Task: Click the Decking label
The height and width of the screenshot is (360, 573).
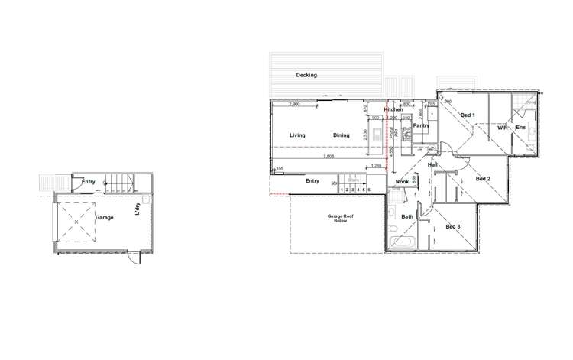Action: (306, 75)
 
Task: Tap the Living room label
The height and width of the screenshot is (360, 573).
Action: (297, 135)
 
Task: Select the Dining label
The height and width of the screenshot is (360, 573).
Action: (341, 135)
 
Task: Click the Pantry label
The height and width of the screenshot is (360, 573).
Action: (421, 125)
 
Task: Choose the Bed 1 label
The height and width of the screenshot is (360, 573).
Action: (468, 115)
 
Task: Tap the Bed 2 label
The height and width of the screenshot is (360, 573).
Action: (482, 179)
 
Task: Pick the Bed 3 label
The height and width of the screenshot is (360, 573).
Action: (453, 226)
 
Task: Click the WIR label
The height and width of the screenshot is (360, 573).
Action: (502, 128)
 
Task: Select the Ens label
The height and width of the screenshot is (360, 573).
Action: (520, 128)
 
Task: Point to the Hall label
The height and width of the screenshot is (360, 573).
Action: (432, 164)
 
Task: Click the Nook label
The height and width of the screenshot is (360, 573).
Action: (402, 181)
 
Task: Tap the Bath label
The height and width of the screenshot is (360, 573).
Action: (407, 217)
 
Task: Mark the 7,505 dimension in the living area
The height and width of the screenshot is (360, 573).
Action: (329, 157)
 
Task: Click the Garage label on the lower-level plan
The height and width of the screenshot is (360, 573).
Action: (104, 218)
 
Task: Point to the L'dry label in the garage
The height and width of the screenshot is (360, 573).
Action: (138, 209)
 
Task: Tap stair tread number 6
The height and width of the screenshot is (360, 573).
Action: (369, 189)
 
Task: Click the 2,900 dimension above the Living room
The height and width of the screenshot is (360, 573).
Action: (294, 103)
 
